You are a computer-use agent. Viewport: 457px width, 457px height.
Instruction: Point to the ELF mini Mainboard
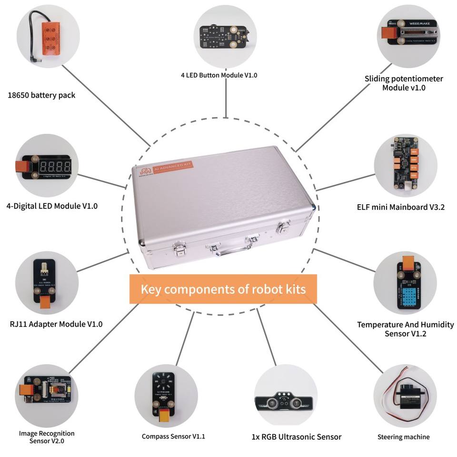point(405,164)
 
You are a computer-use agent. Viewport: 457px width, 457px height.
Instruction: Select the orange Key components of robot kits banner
point(223,289)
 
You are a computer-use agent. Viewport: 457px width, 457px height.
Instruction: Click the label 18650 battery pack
point(41,95)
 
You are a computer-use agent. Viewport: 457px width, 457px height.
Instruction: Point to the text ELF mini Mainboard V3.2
point(400,207)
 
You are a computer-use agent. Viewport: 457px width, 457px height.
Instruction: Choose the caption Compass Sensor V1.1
point(173,436)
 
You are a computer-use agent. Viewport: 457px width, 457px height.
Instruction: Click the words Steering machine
point(403,437)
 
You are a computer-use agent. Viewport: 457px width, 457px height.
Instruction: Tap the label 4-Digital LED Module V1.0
point(52,206)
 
